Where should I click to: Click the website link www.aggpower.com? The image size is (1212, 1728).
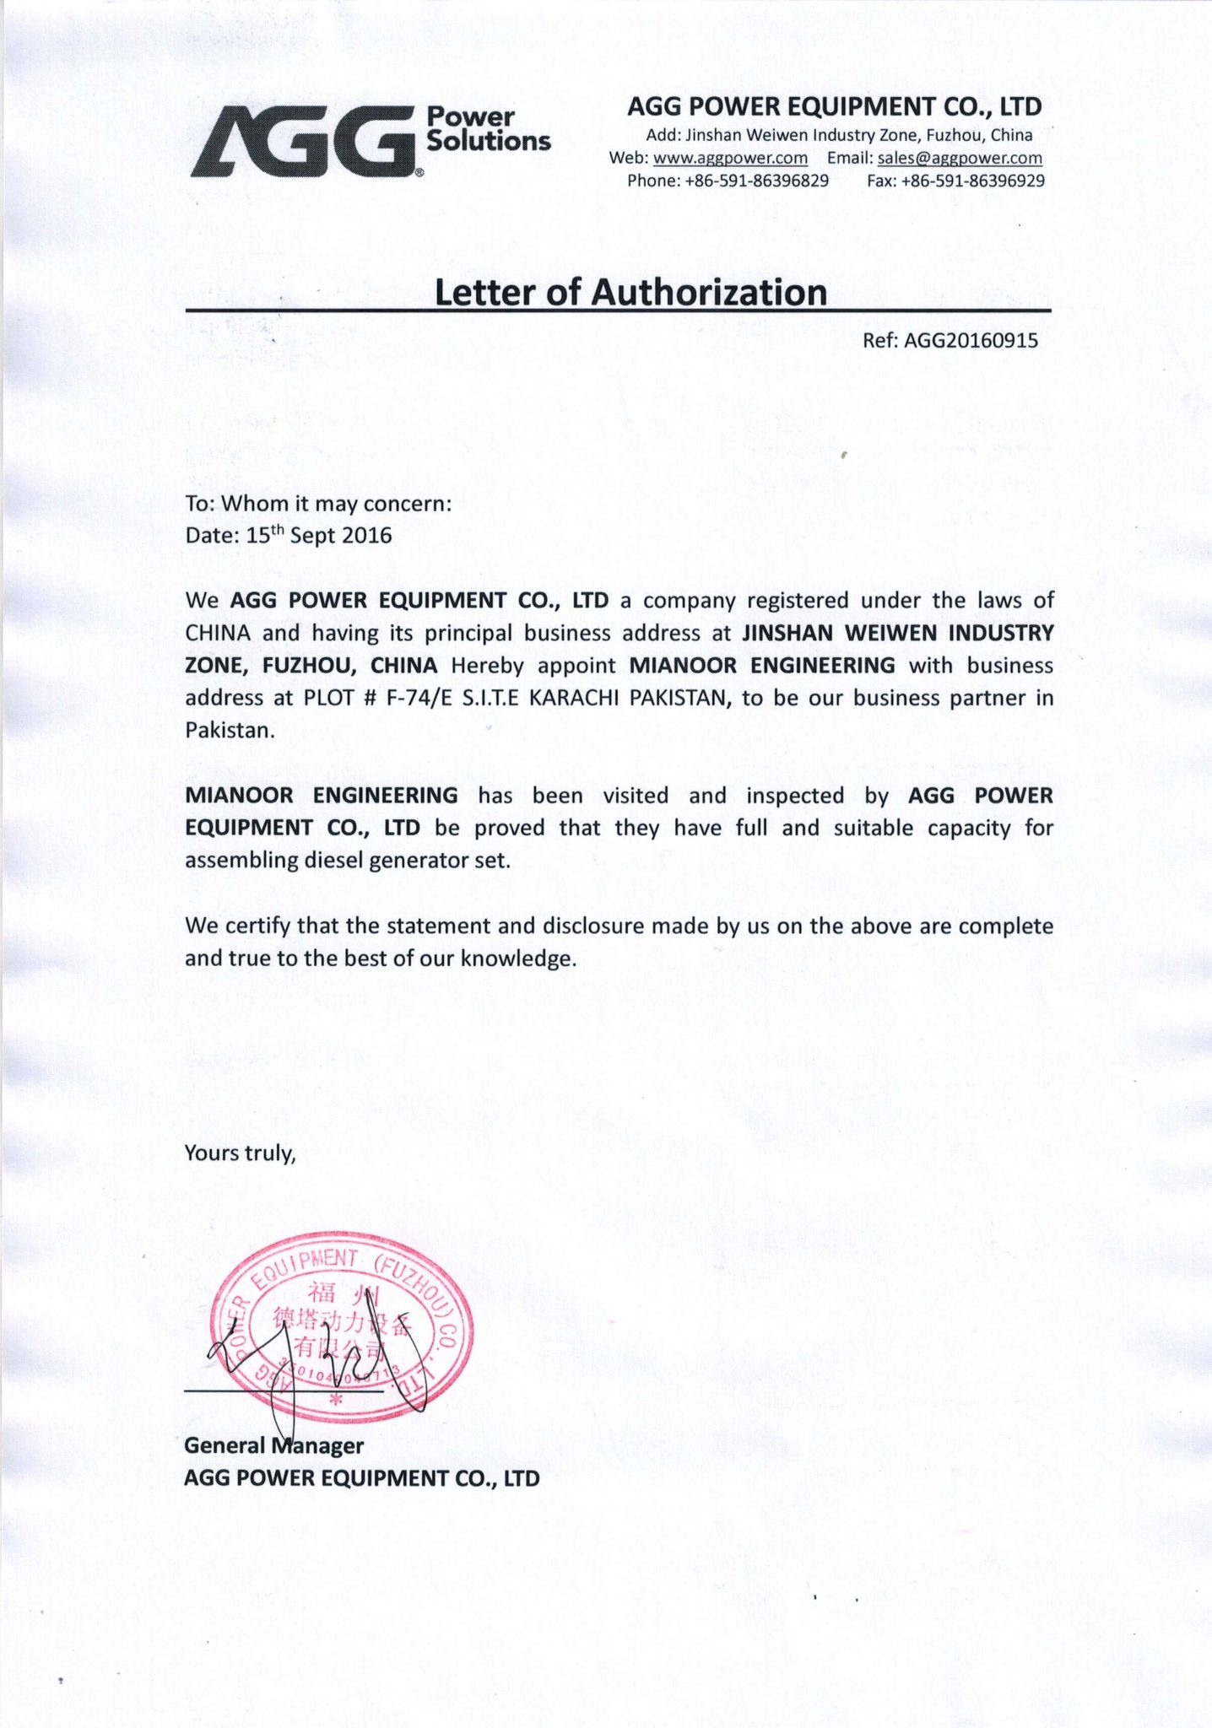tap(730, 158)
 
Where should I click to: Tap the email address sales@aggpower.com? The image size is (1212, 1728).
tap(960, 158)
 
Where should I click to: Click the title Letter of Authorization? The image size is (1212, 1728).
tap(630, 292)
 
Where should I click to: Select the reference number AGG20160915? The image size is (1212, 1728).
tap(971, 340)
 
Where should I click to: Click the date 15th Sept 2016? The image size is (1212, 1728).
tap(319, 535)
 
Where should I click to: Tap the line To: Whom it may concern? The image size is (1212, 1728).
tap(318, 504)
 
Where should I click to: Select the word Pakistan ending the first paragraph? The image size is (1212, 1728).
tap(229, 730)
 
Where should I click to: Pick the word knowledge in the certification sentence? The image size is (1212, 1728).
tap(518, 958)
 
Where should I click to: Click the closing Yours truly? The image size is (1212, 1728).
tap(240, 1153)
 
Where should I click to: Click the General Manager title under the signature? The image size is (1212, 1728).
tap(273, 1445)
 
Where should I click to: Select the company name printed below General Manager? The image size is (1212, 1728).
tap(361, 1478)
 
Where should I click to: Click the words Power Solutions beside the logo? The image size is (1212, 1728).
tap(488, 129)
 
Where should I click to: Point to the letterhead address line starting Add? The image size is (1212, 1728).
tap(838, 135)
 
